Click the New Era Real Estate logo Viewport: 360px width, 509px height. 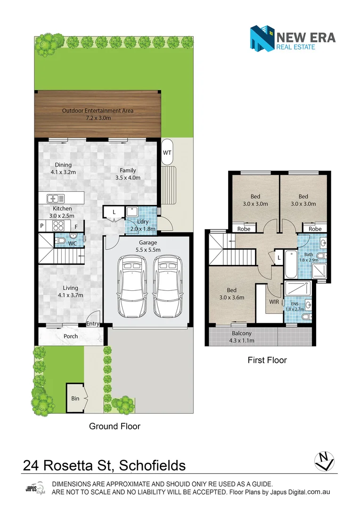pyautogui.click(x=292, y=38)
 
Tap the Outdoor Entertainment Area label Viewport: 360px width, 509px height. pyautogui.click(x=98, y=114)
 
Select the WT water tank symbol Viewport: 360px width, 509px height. pyautogui.click(x=167, y=152)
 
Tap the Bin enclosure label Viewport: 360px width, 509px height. pyautogui.click(x=75, y=398)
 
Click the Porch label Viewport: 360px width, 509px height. pyautogui.click(x=71, y=336)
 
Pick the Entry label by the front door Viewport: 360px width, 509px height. pyautogui.click(x=93, y=324)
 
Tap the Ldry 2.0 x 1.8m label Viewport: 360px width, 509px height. pyautogui.click(x=142, y=225)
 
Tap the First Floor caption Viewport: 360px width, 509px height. pyautogui.click(x=267, y=360)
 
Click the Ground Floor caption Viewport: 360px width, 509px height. pyautogui.click(x=115, y=426)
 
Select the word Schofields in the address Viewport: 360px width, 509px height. pyautogui.click(x=152, y=466)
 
